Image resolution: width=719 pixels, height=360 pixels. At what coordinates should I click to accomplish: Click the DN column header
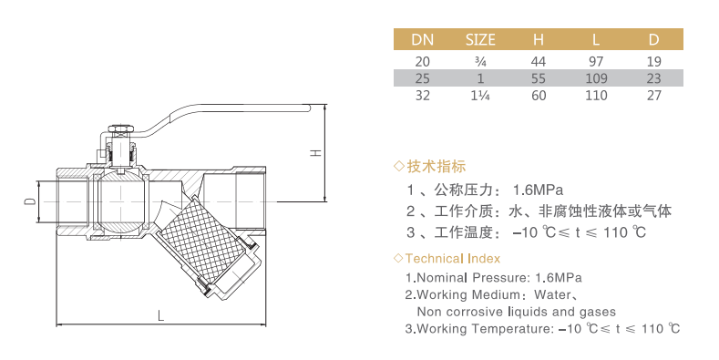coord(422,40)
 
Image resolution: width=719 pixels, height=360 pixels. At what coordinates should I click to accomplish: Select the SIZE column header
coord(480,40)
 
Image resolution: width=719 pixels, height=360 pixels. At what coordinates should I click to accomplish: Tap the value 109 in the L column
coord(596,78)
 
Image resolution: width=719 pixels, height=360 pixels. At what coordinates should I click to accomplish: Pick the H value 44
coord(539,61)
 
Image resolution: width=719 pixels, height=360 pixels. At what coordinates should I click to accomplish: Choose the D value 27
coord(654,96)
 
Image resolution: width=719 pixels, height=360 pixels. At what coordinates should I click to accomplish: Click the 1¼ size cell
coord(480,96)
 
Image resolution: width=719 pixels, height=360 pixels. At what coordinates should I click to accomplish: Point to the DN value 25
coord(422,78)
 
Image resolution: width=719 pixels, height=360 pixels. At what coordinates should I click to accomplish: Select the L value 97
coord(596,61)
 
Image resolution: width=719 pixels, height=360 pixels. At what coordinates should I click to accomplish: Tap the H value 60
coord(539,96)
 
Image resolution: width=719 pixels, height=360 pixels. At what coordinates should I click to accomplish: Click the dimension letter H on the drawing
coord(316,153)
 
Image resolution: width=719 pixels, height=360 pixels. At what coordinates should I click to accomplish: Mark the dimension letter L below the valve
coord(160,315)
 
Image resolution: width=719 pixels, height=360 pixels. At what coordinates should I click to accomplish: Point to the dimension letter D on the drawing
coord(30,201)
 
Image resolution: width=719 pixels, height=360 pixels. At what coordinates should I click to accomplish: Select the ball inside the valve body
coord(121,201)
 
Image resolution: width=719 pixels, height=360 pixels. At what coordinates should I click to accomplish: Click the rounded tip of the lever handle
coord(309,108)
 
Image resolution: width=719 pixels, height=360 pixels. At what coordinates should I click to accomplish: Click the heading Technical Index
coord(453,259)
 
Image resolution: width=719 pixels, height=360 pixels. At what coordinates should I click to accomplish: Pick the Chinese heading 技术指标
coord(437,166)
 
